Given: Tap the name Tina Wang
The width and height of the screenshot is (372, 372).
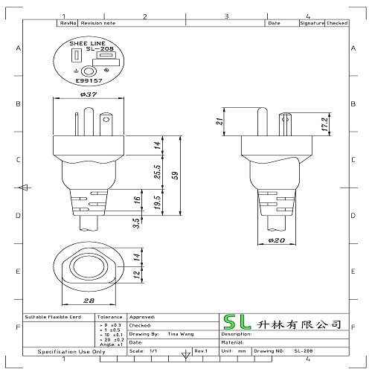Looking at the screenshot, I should (x=182, y=334).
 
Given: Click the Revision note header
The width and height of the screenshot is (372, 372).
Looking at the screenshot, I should (x=98, y=23).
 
